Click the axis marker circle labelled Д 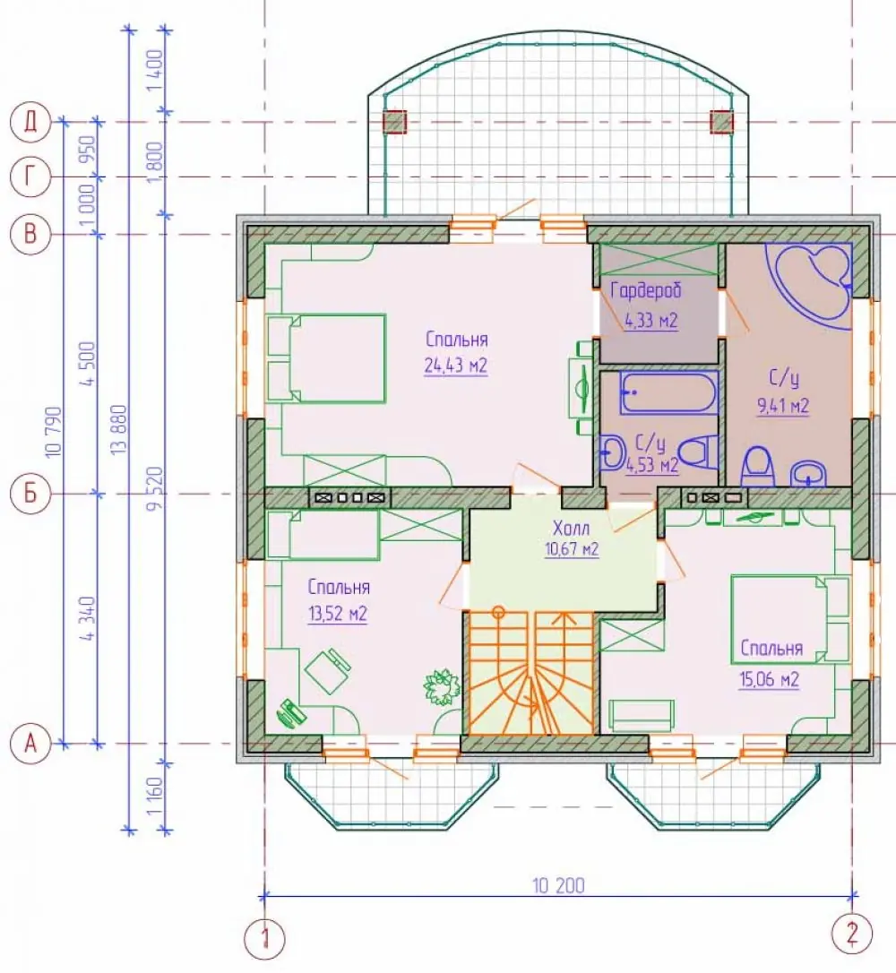(x=30, y=122)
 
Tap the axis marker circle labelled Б (x=30, y=494)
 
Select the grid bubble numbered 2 (x=852, y=933)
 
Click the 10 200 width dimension (x=558, y=885)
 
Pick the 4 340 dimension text (x=88, y=619)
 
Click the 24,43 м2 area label (x=456, y=366)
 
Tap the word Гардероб (x=646, y=290)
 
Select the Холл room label (x=571, y=528)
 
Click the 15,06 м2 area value (x=769, y=679)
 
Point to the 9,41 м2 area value (x=783, y=406)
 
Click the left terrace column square (x=393, y=122)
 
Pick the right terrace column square (x=721, y=122)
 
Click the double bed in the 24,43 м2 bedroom (x=326, y=358)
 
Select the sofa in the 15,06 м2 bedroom (x=642, y=716)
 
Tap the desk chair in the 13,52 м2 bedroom (x=327, y=671)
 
